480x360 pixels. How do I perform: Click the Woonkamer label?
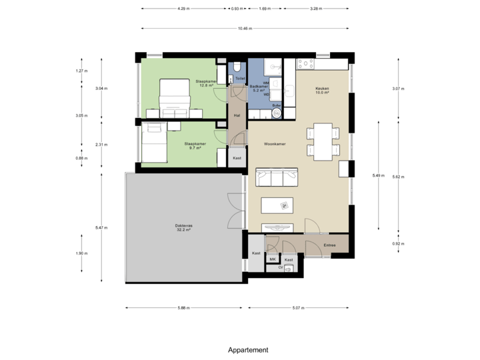click(274, 143)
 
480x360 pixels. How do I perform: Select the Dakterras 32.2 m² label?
click(185, 227)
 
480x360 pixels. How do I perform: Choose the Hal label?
click(237, 115)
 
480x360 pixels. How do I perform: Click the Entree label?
click(329, 245)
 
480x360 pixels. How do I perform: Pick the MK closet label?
click(273, 259)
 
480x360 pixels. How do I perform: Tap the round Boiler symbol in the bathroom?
click(277, 113)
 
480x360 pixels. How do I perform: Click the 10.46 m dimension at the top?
click(245, 28)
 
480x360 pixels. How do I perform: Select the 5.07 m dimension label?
click(297, 308)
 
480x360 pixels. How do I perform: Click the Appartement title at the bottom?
click(248, 349)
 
